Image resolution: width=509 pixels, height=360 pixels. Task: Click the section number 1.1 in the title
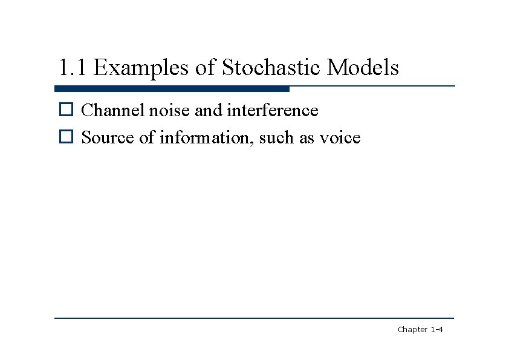73,68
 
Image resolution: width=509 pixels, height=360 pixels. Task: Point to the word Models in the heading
363,68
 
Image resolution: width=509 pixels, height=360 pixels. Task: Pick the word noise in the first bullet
168,111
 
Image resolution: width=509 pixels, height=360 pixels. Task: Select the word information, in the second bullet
207,138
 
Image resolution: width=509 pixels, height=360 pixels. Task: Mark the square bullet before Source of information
65,138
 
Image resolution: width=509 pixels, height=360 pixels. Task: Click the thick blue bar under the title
172,89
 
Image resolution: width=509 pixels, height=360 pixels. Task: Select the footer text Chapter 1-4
421,330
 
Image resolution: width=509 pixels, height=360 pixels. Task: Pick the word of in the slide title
206,68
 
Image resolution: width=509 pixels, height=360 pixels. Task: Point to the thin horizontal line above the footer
254,318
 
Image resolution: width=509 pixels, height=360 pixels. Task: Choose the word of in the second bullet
147,138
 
